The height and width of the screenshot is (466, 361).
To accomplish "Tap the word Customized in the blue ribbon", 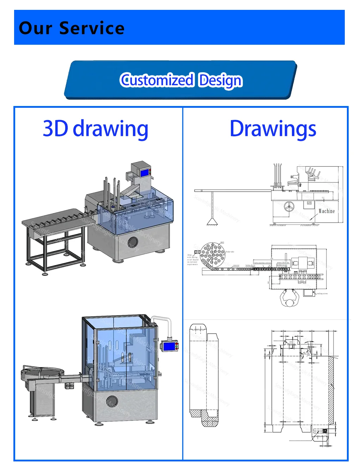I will coord(157,80).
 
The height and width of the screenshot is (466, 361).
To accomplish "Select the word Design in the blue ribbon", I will coord(220,80).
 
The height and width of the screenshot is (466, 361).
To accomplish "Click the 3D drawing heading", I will coord(95,129).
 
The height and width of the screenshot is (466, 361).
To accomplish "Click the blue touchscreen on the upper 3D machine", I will coord(145,173).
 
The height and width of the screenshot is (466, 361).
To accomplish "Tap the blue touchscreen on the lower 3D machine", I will coord(169,346).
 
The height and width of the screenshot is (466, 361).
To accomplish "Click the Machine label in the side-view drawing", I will coord(326,211).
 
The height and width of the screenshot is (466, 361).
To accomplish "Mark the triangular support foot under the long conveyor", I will coord(212,221).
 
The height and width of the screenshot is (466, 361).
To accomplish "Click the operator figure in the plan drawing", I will coord(290,299).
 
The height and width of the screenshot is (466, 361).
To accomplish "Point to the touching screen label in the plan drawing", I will coord(322,293).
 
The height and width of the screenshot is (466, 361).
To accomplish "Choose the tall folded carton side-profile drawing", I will coord(203,375).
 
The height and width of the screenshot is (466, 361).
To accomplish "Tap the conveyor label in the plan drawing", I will coord(236,265).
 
